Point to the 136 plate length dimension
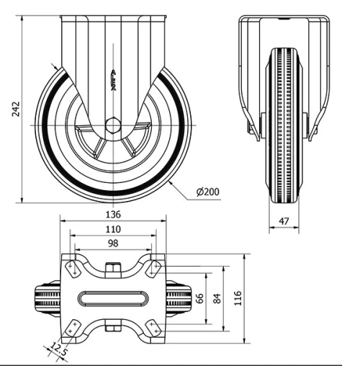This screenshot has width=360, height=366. pos(112,214)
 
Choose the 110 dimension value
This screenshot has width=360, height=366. pos(112,229)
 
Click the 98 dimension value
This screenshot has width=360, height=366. pos(112,244)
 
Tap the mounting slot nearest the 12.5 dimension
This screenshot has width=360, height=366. pos(72,328)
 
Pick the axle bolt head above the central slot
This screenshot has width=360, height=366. pos(112,269)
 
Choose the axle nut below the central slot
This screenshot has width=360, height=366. pos(112,329)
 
